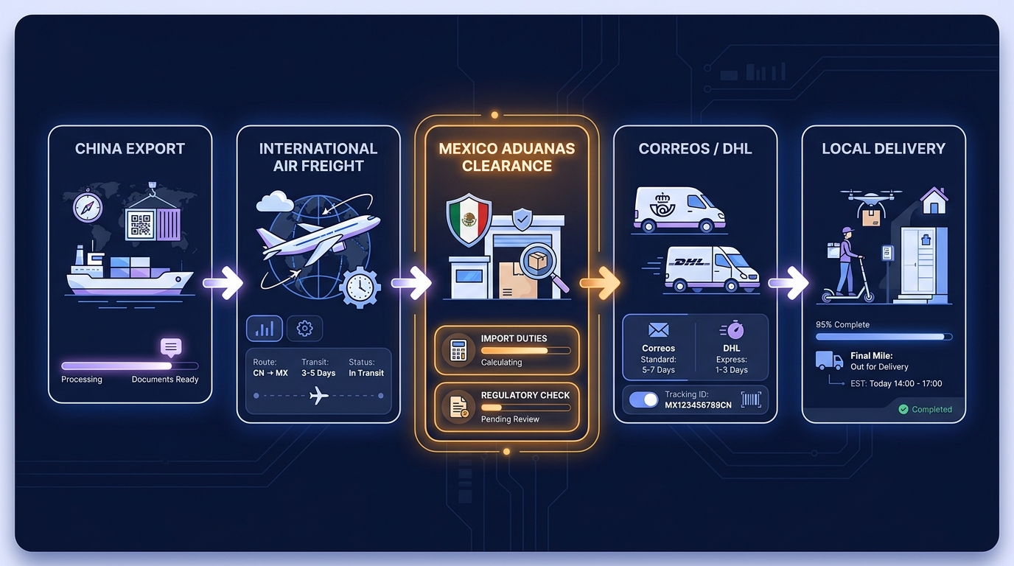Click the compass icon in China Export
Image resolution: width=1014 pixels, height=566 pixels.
(x=88, y=207)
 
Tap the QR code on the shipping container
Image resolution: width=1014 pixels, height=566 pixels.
(x=140, y=225)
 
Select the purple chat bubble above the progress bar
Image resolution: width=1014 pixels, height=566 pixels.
(x=171, y=347)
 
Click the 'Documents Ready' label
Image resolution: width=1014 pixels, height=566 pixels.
(x=165, y=380)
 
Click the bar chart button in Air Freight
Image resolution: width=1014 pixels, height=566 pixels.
(x=265, y=328)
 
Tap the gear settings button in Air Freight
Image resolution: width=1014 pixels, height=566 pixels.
(x=304, y=328)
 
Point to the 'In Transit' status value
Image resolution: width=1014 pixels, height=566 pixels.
(x=366, y=373)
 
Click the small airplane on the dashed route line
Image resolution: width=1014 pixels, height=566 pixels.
(x=318, y=396)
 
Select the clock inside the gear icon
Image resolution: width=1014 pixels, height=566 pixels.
(x=360, y=287)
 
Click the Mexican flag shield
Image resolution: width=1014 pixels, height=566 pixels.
(x=469, y=220)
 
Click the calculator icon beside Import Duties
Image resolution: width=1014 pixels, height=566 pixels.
(x=458, y=350)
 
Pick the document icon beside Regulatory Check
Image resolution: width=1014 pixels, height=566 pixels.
(x=458, y=407)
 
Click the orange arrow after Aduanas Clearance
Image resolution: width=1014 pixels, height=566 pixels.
(x=601, y=283)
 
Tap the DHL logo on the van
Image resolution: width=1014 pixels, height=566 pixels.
(x=690, y=262)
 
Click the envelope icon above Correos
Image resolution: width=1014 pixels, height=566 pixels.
(x=658, y=329)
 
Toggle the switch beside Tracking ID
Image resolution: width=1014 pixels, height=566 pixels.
(x=644, y=400)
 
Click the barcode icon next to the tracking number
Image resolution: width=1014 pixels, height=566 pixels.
(x=751, y=400)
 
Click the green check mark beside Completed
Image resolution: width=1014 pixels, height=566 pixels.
(x=903, y=409)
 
